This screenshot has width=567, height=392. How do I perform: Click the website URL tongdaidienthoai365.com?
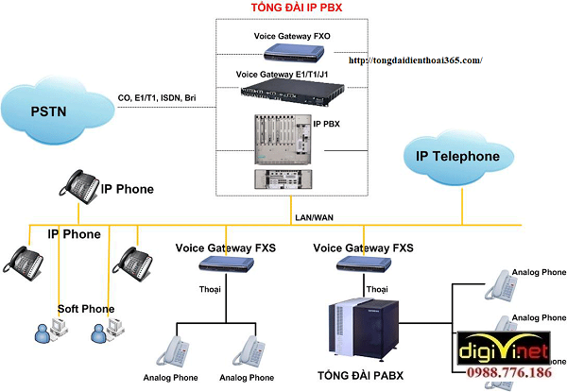pos(416,60)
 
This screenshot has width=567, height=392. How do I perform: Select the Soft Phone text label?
pos(86,309)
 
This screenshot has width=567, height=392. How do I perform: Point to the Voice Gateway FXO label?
pos(292,36)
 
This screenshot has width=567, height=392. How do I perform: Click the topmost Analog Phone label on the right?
pos(540,273)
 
